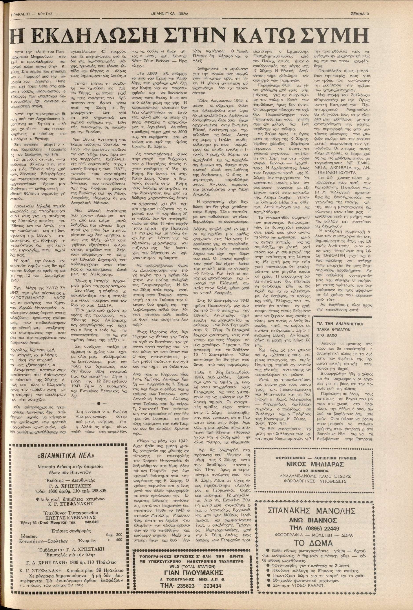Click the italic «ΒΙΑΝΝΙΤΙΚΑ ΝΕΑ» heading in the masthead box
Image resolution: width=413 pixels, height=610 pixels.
click(x=67, y=455)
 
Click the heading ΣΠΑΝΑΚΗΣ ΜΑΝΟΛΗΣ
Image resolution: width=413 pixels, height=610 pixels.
click(x=311, y=510)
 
